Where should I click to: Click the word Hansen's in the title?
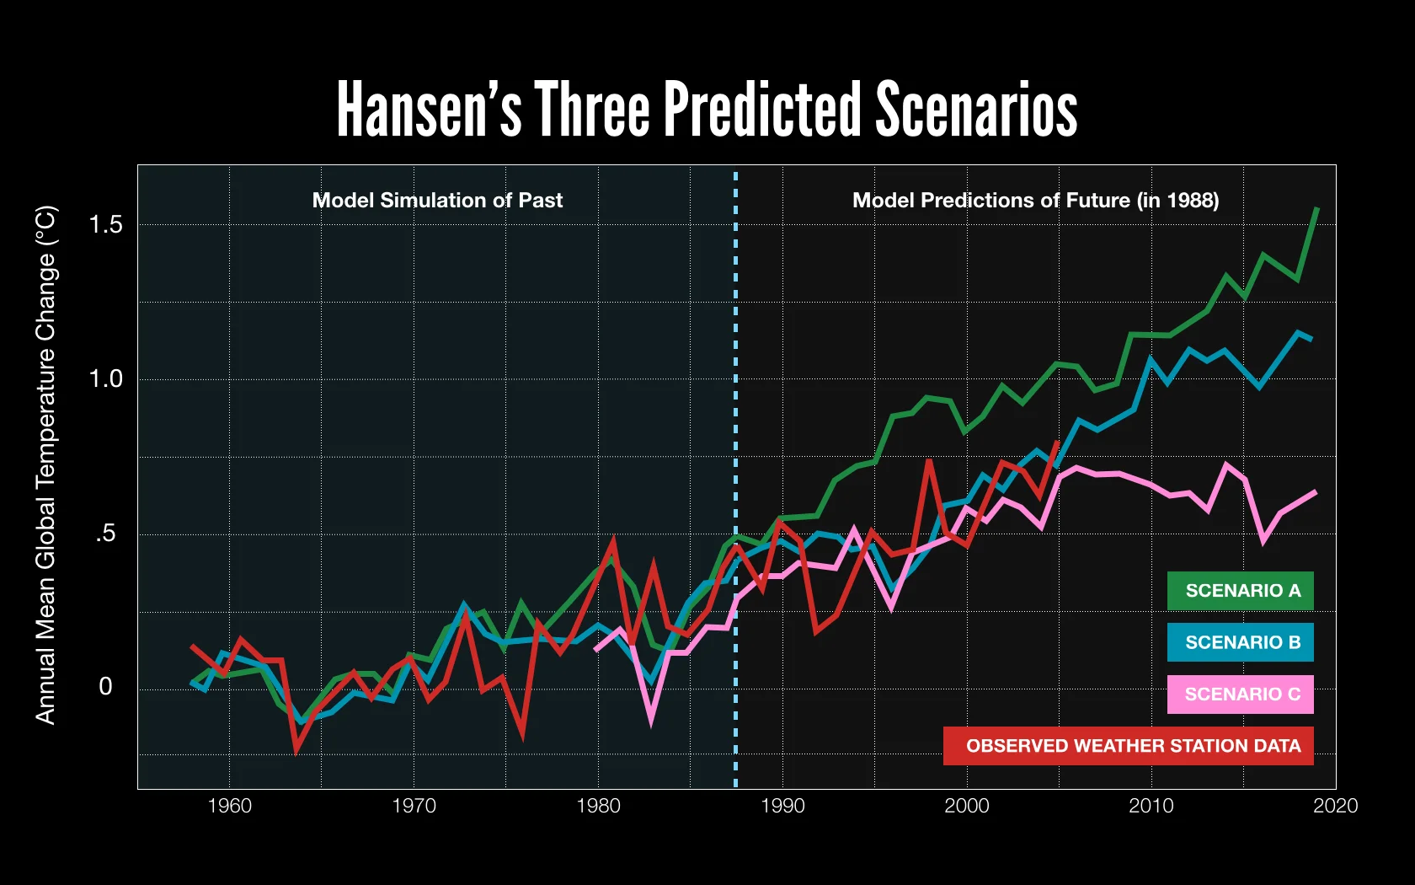tap(429, 110)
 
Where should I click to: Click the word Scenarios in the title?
tap(976, 110)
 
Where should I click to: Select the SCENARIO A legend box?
tap(1240, 591)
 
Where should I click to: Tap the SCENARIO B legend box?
tap(1240, 642)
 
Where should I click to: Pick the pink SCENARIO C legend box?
tap(1240, 695)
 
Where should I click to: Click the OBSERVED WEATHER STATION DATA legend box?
tap(1129, 746)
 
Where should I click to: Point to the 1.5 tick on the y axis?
tap(105, 224)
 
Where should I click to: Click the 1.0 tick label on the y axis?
tap(105, 378)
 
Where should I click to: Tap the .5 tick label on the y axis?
tap(105, 534)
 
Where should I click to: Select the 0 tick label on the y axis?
tap(105, 686)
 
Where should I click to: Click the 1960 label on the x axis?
tap(229, 806)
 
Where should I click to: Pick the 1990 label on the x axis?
tap(782, 806)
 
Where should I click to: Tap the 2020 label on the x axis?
tap(1335, 806)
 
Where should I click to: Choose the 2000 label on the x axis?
tap(966, 806)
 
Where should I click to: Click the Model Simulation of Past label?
tap(437, 201)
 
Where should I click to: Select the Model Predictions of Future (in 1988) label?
tap(1035, 201)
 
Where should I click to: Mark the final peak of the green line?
tap(1316, 209)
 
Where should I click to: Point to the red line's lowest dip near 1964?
tap(296, 749)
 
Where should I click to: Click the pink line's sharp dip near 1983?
tap(651, 719)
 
